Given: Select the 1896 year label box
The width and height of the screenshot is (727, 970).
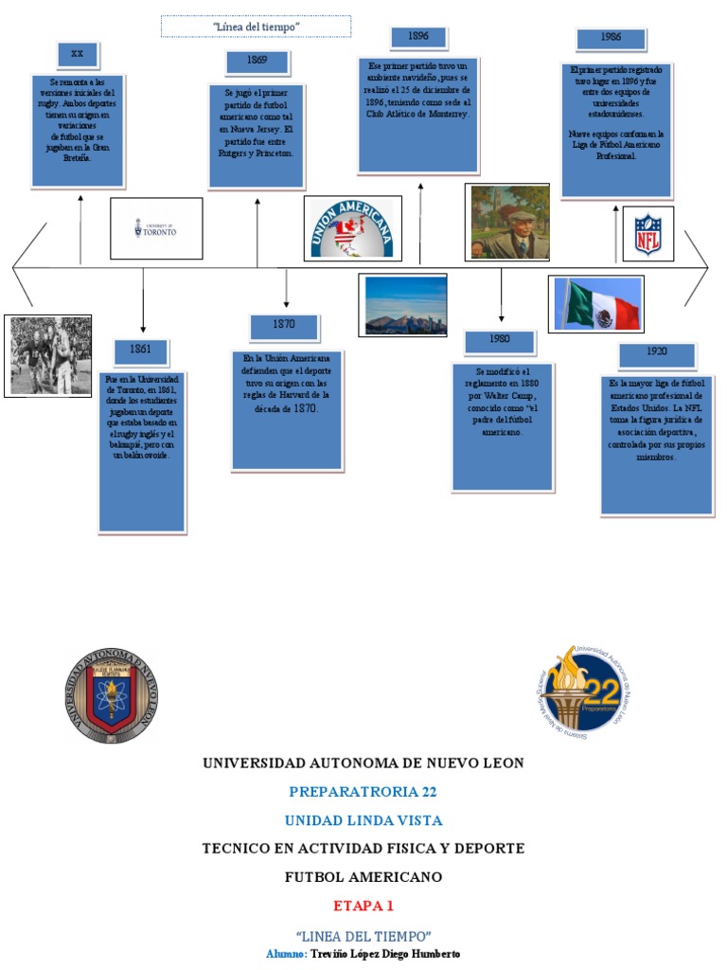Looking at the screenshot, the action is click(418, 38).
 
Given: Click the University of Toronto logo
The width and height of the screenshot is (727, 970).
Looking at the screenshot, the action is click(156, 228).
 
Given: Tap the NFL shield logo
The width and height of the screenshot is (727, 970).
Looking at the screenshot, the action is click(648, 232).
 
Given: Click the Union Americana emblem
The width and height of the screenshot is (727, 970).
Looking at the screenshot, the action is click(352, 228).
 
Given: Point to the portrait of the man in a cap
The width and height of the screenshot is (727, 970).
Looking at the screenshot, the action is click(507, 223).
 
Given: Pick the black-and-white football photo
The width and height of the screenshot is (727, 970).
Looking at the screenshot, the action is click(48, 355).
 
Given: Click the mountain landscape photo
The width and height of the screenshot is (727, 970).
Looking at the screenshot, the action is click(402, 306).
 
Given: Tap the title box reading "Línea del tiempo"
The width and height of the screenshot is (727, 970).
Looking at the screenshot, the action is click(256, 27).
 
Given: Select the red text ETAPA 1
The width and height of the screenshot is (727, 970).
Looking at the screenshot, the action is click(363, 906).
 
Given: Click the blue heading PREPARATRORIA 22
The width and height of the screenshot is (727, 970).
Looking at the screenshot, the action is click(363, 792).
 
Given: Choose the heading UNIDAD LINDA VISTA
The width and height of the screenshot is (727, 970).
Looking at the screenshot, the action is click(363, 820).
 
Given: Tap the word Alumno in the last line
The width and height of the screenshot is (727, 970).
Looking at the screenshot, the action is click(286, 954).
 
